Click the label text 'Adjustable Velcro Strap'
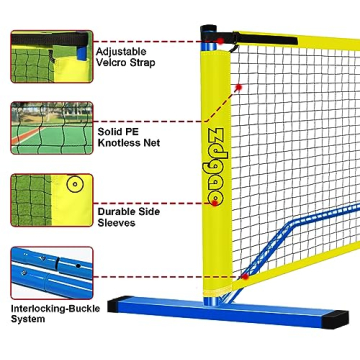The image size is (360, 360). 121,56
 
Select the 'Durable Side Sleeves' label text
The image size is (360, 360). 119,217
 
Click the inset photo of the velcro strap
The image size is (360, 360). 51,56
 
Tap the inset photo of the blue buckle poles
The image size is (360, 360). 51,270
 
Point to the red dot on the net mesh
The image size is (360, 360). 238,88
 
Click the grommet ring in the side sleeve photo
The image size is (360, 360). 72,185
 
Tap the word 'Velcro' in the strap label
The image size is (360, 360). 111,62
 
